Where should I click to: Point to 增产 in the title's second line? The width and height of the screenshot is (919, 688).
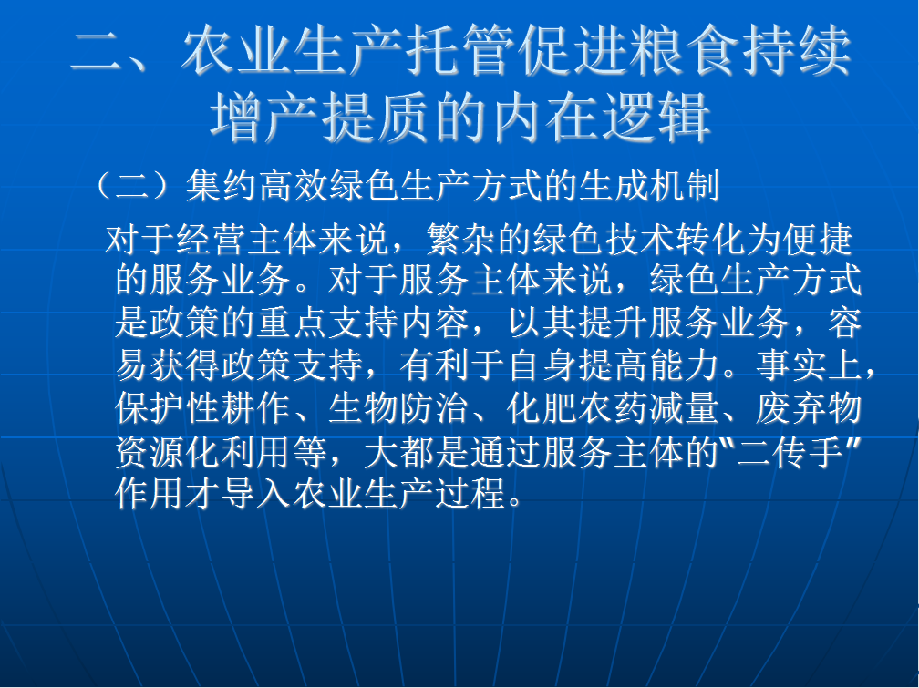pos(265,118)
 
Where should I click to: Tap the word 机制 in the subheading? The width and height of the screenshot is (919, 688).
pos(685,187)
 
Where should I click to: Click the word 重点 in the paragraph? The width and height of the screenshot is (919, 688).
pos(292,323)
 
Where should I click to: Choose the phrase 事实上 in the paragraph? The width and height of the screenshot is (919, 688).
pos(810,365)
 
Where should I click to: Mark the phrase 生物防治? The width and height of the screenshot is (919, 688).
pos(398,408)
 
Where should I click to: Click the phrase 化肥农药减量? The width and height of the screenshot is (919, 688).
pos(613,408)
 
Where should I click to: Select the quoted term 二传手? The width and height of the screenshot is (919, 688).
pos(790,451)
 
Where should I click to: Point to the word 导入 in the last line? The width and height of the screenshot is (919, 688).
pos(256,493)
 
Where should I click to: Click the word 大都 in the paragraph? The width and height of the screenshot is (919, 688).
pos(398,451)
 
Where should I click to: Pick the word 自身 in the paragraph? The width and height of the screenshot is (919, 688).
pos(542,365)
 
